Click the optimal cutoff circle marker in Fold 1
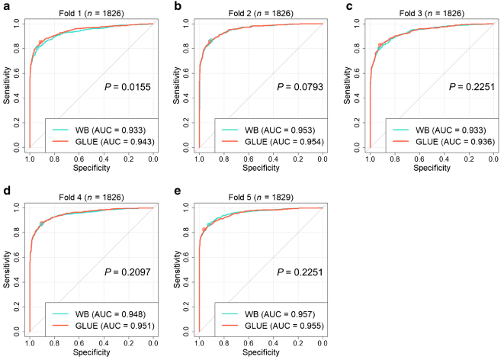tap(40, 42)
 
